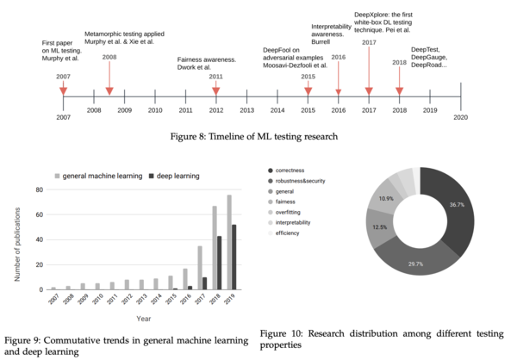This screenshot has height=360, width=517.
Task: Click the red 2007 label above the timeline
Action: [x=64, y=77]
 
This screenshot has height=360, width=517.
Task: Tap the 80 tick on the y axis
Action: [x=39, y=189]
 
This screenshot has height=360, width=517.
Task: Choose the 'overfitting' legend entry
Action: [x=297, y=209]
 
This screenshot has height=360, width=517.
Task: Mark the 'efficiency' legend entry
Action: [x=296, y=234]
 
